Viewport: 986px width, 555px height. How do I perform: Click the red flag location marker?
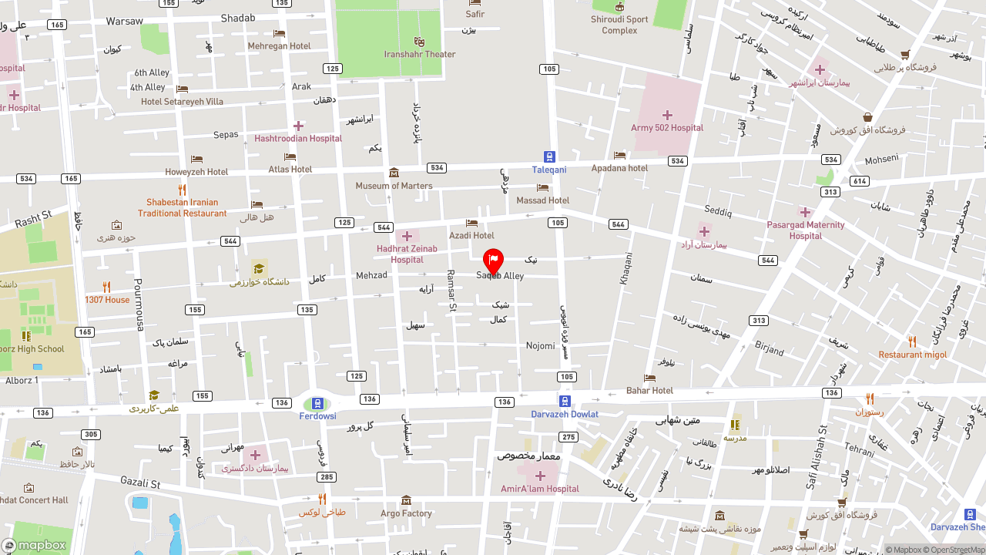493,261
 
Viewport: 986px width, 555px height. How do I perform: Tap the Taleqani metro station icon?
549,156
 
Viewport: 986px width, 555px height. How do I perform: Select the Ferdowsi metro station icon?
317,403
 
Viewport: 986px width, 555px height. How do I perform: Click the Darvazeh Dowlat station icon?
565,402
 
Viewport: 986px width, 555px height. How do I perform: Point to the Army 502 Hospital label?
666,128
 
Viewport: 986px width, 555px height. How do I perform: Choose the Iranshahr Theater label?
420,54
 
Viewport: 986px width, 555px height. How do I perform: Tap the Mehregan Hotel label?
279,46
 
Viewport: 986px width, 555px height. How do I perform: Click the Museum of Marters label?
394,186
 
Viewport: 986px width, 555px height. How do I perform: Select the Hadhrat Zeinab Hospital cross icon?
407,236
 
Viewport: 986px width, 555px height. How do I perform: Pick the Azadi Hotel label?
471,235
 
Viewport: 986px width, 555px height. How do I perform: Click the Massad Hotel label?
542,200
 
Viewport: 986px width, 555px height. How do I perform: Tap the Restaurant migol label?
912,355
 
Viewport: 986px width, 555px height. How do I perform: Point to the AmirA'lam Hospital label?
539,489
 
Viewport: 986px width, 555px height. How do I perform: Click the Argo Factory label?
406,513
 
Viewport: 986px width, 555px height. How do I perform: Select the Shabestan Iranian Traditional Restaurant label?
183,208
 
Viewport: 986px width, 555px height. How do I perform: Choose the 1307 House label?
107,300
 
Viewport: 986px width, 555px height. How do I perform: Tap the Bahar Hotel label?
649,390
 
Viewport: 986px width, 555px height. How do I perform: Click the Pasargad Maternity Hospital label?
805,230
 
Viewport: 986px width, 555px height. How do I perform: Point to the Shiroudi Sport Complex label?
619,25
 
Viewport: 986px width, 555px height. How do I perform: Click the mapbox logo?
34,545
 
